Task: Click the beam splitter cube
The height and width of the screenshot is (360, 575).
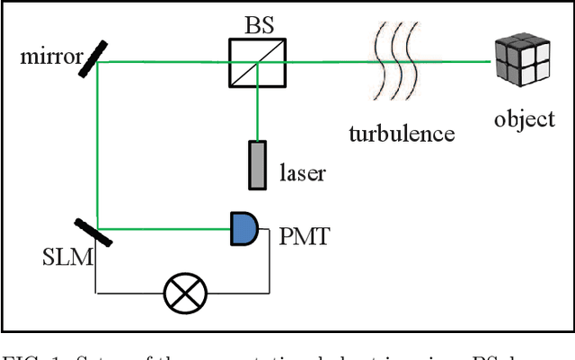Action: point(257,61)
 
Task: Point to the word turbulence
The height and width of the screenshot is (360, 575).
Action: point(402,134)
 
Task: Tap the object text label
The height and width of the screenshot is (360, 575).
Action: point(525,119)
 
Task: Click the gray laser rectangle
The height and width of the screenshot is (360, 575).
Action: point(258,164)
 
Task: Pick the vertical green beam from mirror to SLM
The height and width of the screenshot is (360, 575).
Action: point(96,144)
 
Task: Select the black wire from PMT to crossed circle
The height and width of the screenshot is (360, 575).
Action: point(270,269)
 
